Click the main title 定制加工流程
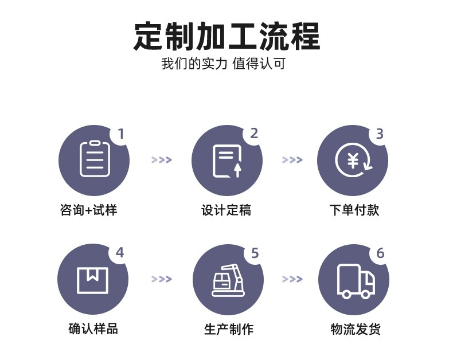[x=227, y=36]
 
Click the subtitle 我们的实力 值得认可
[x=223, y=64]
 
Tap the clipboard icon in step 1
[x=95, y=159]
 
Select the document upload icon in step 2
[x=228, y=161]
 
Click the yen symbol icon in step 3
[x=353, y=160]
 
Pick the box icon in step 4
[x=92, y=280]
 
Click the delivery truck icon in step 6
[x=356, y=281]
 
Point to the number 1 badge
[x=121, y=134]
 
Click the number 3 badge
[x=380, y=134]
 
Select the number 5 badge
[x=255, y=253]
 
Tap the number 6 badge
[x=381, y=253]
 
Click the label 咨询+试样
[x=89, y=210]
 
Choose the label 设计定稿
[x=226, y=210]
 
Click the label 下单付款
[x=354, y=210]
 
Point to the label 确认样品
[x=93, y=329]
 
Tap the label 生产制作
[x=229, y=329]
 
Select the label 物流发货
[x=356, y=329]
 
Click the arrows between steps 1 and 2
[x=162, y=160]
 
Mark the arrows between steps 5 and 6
[x=292, y=279]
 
